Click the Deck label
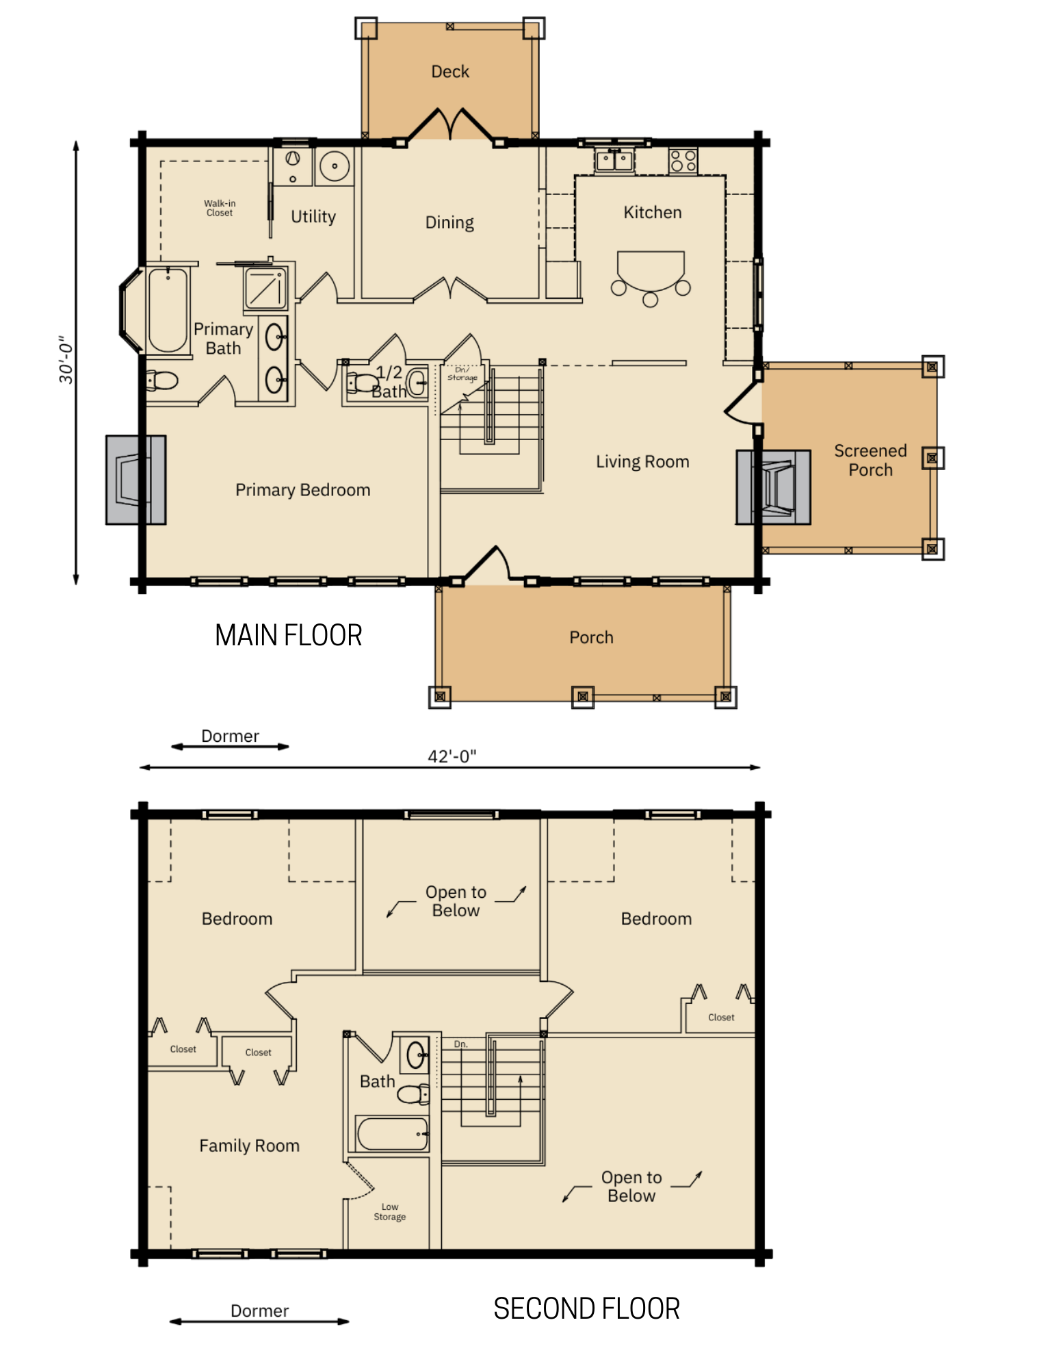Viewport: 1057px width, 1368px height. click(x=450, y=72)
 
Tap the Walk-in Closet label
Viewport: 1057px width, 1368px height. click(x=220, y=208)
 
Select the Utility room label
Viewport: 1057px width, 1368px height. click(x=313, y=217)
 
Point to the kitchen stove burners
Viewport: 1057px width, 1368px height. click(x=683, y=162)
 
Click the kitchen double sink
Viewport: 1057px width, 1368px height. click(x=614, y=161)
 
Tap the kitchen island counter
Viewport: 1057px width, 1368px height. click(x=651, y=269)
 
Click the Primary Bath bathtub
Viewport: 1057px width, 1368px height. click(x=168, y=309)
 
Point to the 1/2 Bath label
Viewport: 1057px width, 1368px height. click(x=389, y=382)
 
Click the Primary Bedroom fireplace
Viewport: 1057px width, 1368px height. click(x=136, y=480)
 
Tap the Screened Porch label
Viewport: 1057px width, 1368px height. click(x=870, y=461)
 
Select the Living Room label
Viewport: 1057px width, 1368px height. click(x=642, y=462)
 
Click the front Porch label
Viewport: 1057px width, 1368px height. click(x=591, y=638)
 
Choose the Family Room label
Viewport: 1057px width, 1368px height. click(x=249, y=1146)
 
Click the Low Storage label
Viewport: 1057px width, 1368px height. click(x=390, y=1212)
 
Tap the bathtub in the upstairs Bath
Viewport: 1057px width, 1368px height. click(x=393, y=1134)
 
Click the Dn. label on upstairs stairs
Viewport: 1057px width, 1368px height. click(x=461, y=1044)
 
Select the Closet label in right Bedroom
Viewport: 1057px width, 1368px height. click(x=721, y=1018)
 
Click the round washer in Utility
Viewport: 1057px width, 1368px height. click(x=334, y=166)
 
